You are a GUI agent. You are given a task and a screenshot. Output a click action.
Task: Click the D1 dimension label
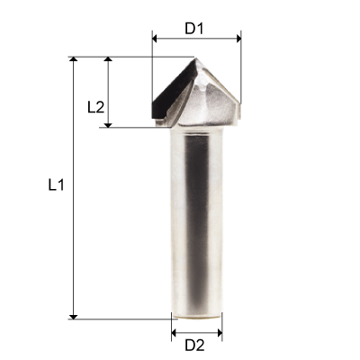[x=195, y=28]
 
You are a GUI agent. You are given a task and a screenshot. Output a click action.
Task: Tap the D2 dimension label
[x=195, y=346]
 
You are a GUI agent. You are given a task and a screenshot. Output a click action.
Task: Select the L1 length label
[x=56, y=186]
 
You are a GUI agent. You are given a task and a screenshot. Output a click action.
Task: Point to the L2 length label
[x=95, y=106]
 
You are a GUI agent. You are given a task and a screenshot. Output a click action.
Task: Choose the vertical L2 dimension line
[x=109, y=81]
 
